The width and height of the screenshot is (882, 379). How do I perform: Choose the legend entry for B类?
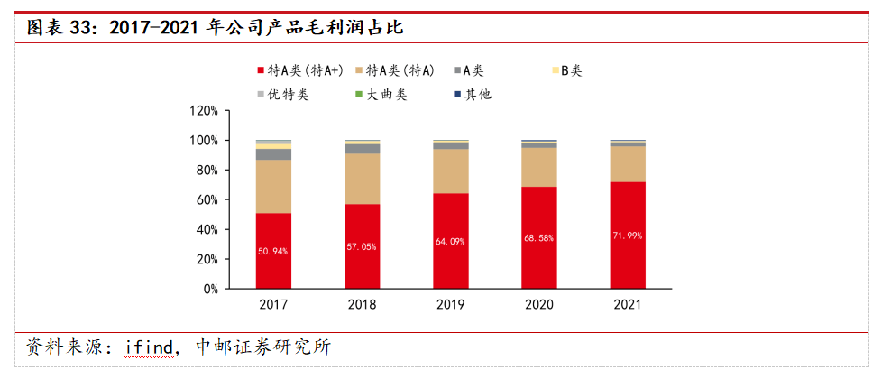tap(571, 70)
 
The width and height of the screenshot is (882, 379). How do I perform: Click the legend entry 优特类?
tap(288, 94)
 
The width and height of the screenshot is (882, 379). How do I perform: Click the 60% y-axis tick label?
tap(207, 199)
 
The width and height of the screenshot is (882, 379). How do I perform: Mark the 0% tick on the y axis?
tap(210, 289)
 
